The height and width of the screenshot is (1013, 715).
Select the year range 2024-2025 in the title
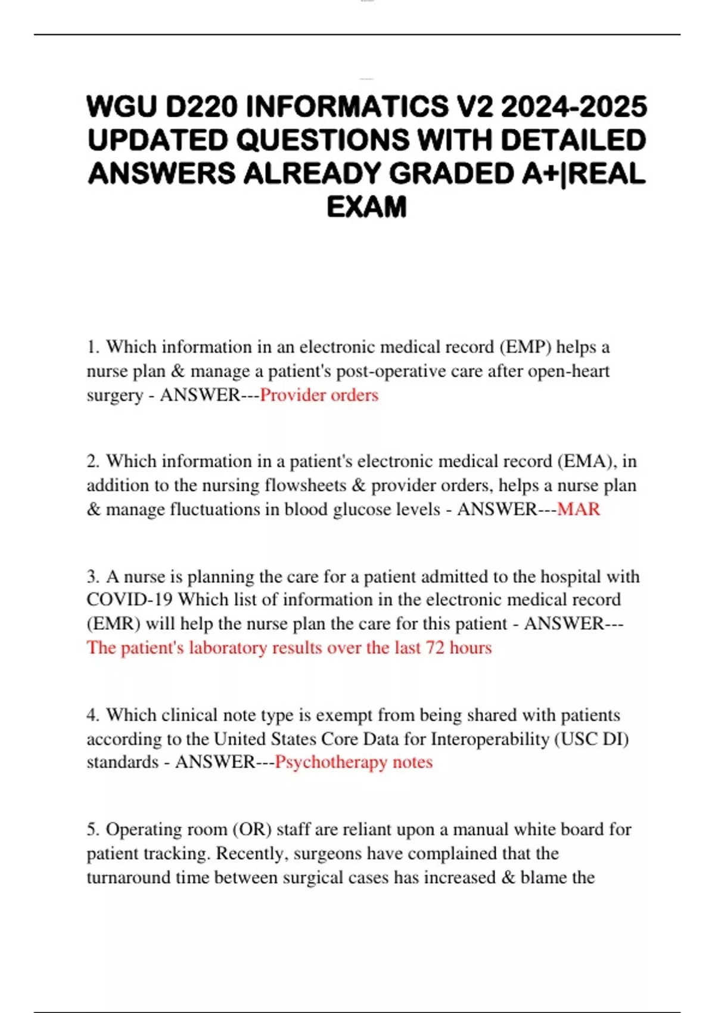[x=574, y=107]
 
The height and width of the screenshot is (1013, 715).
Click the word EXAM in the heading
[x=366, y=207]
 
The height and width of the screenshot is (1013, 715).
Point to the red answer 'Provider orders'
[x=319, y=395]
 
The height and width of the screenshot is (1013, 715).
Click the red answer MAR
[x=579, y=509]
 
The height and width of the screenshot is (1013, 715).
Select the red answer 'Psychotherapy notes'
[x=353, y=762]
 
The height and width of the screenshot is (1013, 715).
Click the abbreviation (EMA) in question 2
[x=587, y=461]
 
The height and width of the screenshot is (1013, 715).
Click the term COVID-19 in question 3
[x=129, y=599]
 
